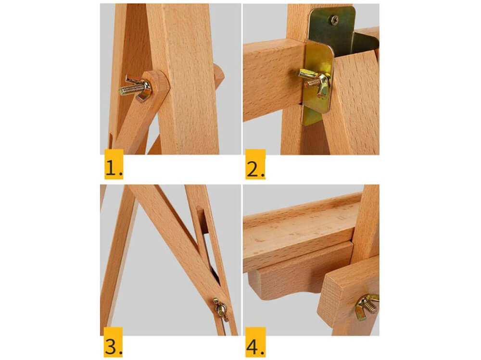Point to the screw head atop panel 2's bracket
click(334, 20)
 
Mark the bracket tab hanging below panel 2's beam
click(312, 117)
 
